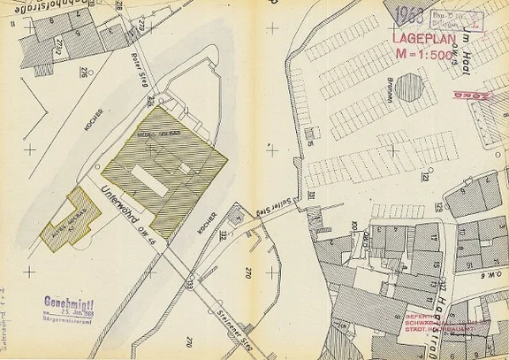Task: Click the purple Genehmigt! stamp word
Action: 70,306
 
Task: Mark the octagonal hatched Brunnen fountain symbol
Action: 409,88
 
